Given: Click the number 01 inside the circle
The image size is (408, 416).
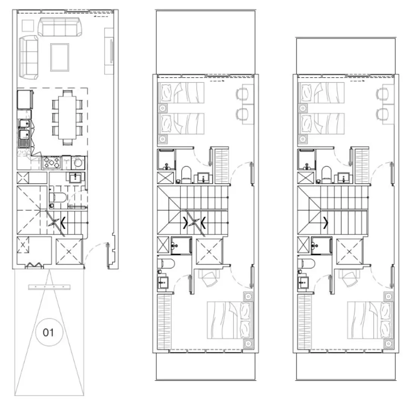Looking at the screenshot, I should [48, 333].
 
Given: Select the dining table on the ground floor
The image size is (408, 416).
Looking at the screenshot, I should [66, 117].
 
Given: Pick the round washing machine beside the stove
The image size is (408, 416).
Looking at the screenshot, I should [79, 163].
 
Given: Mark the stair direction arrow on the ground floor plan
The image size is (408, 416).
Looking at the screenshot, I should [62, 224].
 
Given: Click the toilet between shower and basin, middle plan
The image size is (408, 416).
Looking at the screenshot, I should [186, 174].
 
